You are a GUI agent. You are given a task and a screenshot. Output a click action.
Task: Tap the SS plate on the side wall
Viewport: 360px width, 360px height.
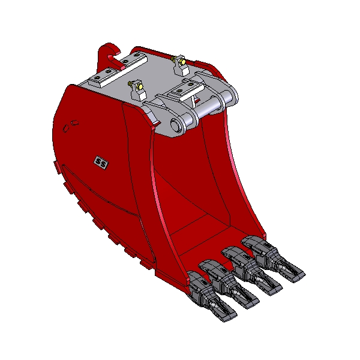pos(101,163)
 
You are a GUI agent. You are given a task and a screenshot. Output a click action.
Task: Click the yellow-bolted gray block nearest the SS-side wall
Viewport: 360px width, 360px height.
pos(138,90)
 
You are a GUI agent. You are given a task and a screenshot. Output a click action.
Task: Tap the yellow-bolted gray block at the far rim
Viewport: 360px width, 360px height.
pos(181,65)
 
